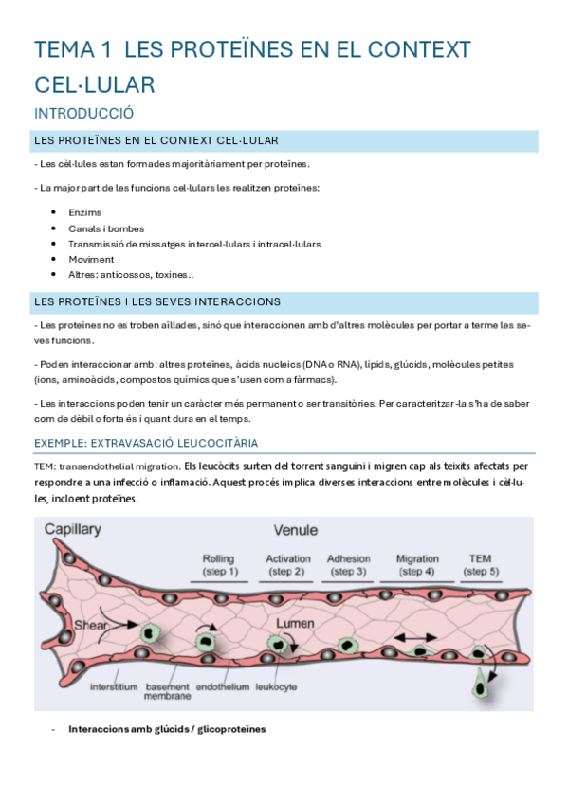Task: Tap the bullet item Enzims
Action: [x=84, y=212]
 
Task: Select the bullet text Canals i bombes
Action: [x=106, y=228]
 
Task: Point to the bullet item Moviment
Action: [x=91, y=259]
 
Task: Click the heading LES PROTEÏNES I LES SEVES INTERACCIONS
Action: [x=156, y=302]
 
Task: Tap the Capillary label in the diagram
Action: [x=74, y=530]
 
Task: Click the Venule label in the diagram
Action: [x=295, y=530]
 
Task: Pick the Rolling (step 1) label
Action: [x=220, y=565]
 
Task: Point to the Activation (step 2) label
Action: [x=288, y=565]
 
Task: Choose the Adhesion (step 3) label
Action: [x=348, y=565]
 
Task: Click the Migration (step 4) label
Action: [x=416, y=565]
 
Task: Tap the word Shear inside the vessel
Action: [x=91, y=626]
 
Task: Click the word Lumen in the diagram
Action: [x=295, y=624]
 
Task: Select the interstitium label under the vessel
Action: [x=114, y=685]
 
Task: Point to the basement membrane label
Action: [x=167, y=690]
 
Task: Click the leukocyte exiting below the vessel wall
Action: [x=485, y=683]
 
